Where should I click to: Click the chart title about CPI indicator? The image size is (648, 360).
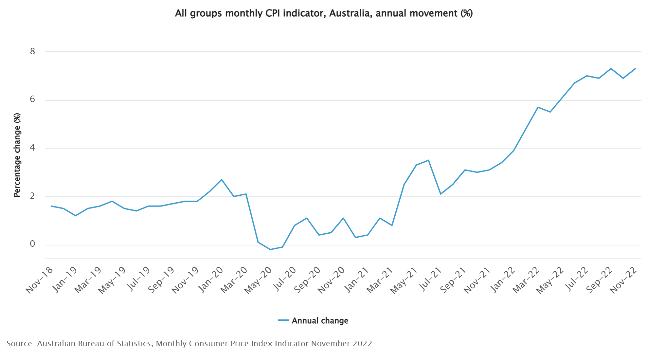[324, 13]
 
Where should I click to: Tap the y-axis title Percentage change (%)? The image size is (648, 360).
[17, 155]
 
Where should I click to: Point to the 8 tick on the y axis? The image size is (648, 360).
[32, 51]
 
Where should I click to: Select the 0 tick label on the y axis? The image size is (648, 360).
[32, 244]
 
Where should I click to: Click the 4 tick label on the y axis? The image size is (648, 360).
[32, 148]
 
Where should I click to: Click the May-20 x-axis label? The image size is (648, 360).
[259, 280]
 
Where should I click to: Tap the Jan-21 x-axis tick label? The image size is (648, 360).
[357, 280]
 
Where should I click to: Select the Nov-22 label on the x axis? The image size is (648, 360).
[624, 280]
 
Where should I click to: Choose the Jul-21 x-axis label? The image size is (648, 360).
[430, 280]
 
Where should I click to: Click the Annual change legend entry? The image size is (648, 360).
[313, 321]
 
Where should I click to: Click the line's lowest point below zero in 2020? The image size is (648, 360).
[270, 249]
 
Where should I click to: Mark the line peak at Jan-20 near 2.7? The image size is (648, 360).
[222, 179]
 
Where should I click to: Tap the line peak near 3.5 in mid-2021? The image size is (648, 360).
[428, 160]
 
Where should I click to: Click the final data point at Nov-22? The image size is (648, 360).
[635, 68]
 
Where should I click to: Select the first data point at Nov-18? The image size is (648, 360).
[51, 206]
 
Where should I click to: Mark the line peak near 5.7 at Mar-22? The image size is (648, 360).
[538, 107]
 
